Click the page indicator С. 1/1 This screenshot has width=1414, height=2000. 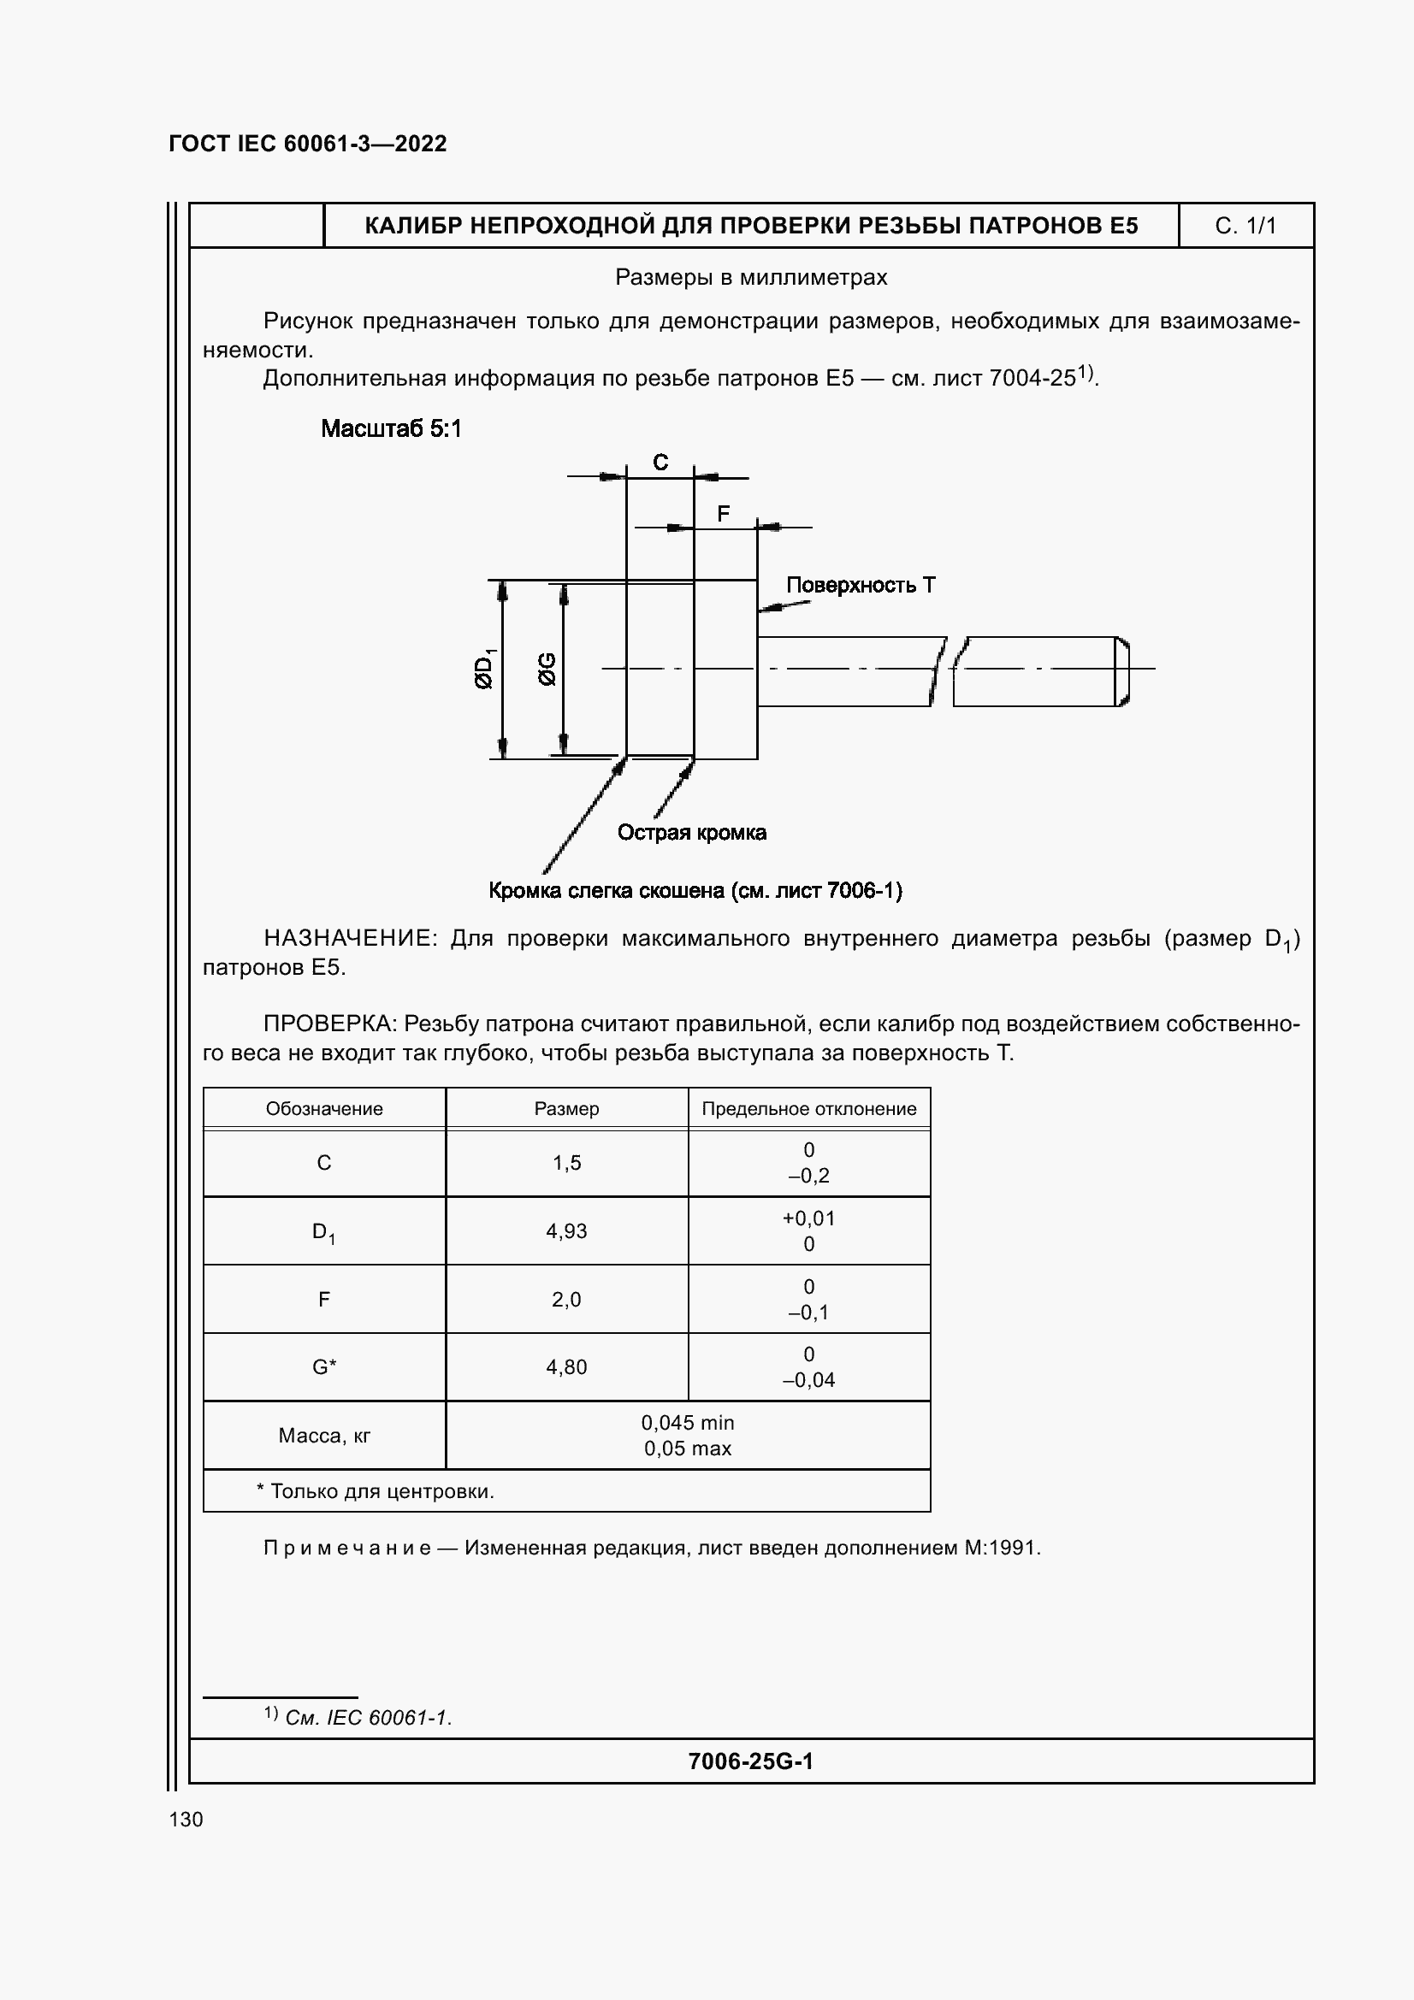pos(1245,227)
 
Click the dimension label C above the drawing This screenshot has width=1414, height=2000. pos(660,463)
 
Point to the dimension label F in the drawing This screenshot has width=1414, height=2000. pos(723,514)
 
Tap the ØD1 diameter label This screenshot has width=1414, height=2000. pos(484,668)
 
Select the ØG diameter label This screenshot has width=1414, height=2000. pos(547,669)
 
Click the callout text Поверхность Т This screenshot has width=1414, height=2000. pos(860,586)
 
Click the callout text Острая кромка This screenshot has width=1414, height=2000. pos(692,833)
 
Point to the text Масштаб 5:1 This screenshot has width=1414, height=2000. pos(391,428)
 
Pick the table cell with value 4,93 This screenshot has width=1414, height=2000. pos(566,1230)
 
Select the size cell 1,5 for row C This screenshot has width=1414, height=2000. pos(566,1163)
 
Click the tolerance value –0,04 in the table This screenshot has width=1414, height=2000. pos(808,1380)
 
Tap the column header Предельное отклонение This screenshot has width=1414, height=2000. pos(808,1109)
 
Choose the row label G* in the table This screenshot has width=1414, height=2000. pos(324,1366)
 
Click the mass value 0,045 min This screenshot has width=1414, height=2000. pos(688,1423)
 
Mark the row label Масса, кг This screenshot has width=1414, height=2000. pos(324,1436)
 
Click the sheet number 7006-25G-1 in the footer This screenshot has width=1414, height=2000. pos(750,1761)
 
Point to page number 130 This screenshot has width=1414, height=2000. pos(186,1820)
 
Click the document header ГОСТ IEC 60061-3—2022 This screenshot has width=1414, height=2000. pos(308,144)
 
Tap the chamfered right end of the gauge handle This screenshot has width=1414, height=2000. pos(1123,670)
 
